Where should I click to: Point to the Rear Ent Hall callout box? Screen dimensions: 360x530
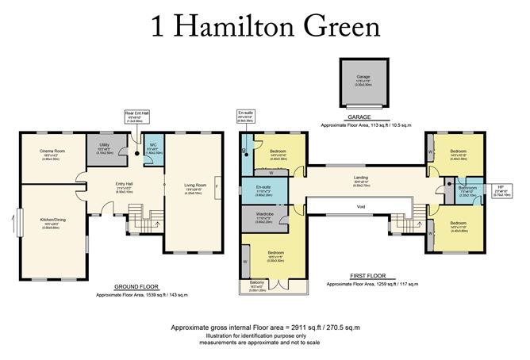click(136, 117)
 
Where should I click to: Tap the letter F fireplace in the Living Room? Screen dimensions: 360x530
click(217, 184)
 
